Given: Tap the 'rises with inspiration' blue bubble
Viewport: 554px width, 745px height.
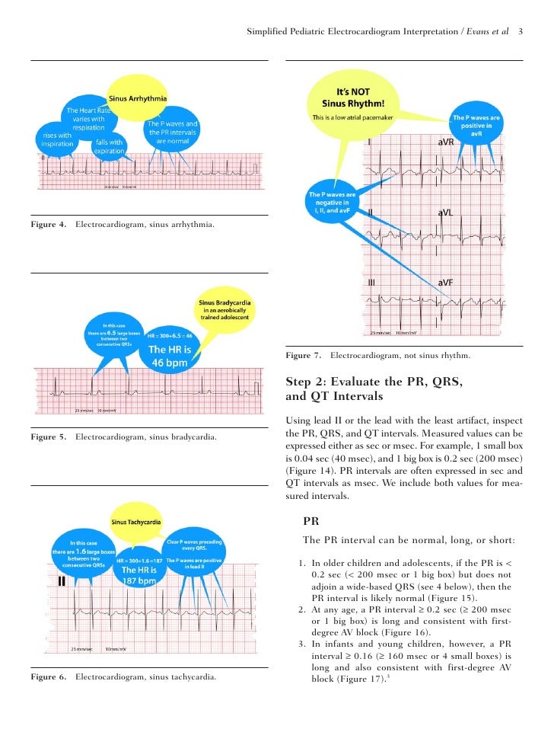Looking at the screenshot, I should point(57,139).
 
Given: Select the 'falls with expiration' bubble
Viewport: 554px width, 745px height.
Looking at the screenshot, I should point(110,146).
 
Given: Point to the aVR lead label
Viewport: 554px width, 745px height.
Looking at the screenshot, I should point(447,142).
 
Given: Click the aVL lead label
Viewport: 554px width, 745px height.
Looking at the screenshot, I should point(446,213).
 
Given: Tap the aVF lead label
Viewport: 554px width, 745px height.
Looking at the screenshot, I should point(447,283).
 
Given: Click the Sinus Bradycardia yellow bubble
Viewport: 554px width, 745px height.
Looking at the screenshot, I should point(226,311).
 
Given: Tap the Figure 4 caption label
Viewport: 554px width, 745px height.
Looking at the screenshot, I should point(48,225).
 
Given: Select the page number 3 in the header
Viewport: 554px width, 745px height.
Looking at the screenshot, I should point(520,32).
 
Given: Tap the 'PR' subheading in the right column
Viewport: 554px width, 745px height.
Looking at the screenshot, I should point(310,522).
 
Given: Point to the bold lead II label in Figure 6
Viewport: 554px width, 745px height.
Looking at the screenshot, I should point(62,582).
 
